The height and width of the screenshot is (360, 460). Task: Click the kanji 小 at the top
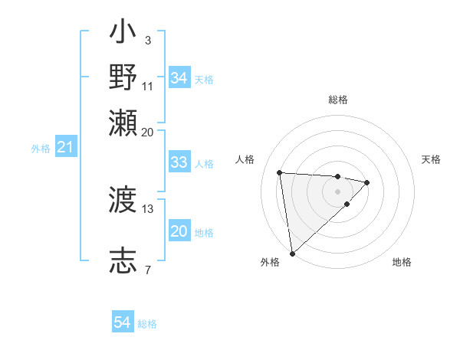tap(123, 34)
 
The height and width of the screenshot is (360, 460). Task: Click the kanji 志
tap(123, 258)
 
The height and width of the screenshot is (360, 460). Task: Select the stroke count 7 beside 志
tap(147, 269)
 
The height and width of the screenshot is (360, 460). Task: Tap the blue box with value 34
tap(179, 78)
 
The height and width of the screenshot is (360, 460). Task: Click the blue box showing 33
tap(179, 162)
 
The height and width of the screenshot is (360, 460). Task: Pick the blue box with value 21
tap(65, 147)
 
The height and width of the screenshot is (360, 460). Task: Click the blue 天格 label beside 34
tap(204, 79)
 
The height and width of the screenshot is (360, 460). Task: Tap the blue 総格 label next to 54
tap(147, 324)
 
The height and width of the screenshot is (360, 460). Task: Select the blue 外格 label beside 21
tap(40, 149)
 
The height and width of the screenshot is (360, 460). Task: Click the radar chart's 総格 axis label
tap(338, 100)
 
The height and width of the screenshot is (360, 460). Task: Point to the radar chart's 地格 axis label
tap(402, 262)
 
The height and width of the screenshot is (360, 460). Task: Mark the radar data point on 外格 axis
tap(292, 253)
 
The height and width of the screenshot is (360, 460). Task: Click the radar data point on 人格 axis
tap(280, 172)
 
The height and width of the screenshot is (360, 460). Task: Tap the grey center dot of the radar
tap(338, 191)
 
